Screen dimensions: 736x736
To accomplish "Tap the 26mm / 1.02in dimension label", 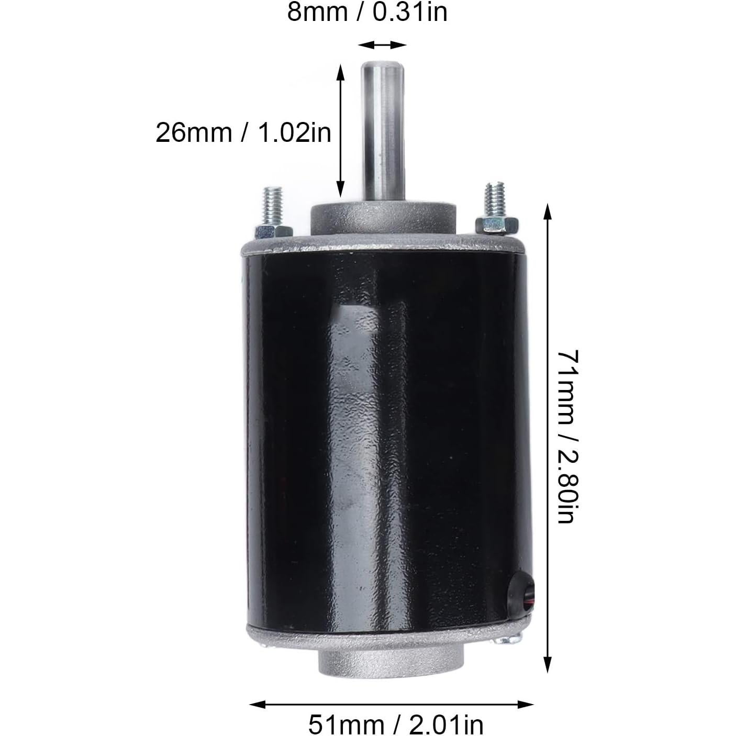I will coord(243,132).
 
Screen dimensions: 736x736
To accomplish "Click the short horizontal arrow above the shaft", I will coord(383,45).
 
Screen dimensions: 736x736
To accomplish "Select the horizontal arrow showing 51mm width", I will coord(391,704).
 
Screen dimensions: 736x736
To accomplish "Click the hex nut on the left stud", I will coord(273,231).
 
